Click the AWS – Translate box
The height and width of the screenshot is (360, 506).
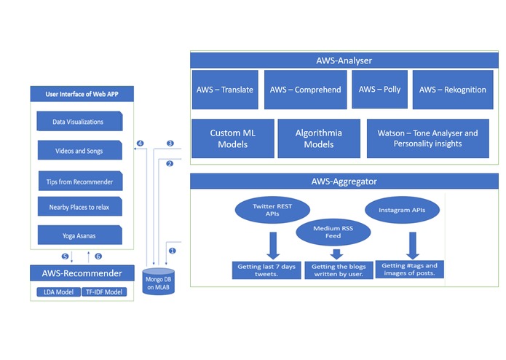click(225, 90)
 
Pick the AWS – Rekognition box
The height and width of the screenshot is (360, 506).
click(452, 90)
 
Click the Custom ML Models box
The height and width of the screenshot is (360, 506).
click(233, 138)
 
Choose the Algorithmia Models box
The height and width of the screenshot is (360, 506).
click(318, 138)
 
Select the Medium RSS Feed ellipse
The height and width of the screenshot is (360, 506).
click(333, 231)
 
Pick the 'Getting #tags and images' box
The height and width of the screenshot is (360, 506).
click(409, 270)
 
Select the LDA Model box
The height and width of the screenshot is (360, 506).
click(58, 292)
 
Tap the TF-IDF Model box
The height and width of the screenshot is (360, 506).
click(103, 292)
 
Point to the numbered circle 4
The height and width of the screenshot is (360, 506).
click(140, 143)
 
